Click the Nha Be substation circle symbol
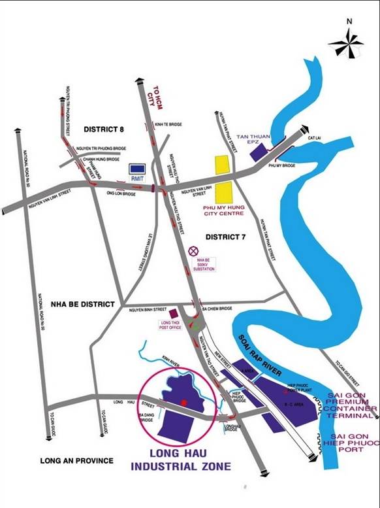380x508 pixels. tap(193, 250)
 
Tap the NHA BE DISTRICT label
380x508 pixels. tap(82, 304)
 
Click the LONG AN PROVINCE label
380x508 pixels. tap(76, 460)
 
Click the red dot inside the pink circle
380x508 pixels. tap(184, 403)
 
